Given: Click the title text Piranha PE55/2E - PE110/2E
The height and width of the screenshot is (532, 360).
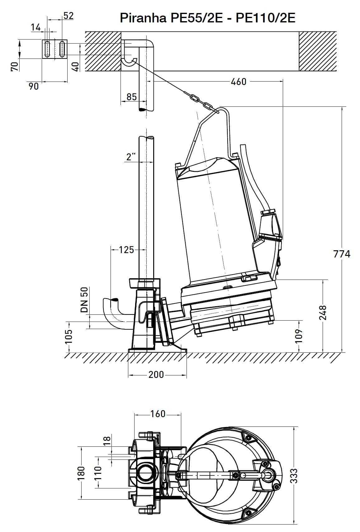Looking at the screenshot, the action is point(207,18).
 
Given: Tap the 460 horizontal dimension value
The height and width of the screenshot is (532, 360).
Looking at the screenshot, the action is point(239,82).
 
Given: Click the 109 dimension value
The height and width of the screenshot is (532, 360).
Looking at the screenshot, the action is point(299,336).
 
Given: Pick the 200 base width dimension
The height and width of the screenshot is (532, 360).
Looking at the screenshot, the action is point(156,374).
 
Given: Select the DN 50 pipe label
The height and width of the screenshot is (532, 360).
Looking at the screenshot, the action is point(84,300).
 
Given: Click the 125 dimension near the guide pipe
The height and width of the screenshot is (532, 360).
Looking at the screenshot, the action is point(126,250).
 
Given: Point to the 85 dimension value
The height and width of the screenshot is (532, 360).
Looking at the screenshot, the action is point(131,97).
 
